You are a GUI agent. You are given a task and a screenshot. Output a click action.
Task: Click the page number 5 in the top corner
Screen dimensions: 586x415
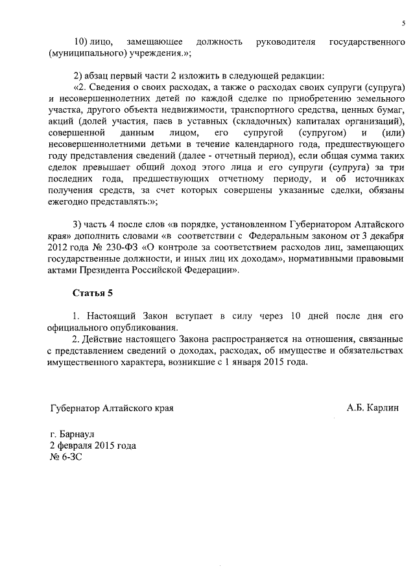click(403, 24)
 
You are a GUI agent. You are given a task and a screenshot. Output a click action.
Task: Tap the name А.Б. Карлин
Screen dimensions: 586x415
click(373, 408)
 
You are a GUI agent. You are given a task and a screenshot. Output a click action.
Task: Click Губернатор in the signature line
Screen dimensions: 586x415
click(77, 408)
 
